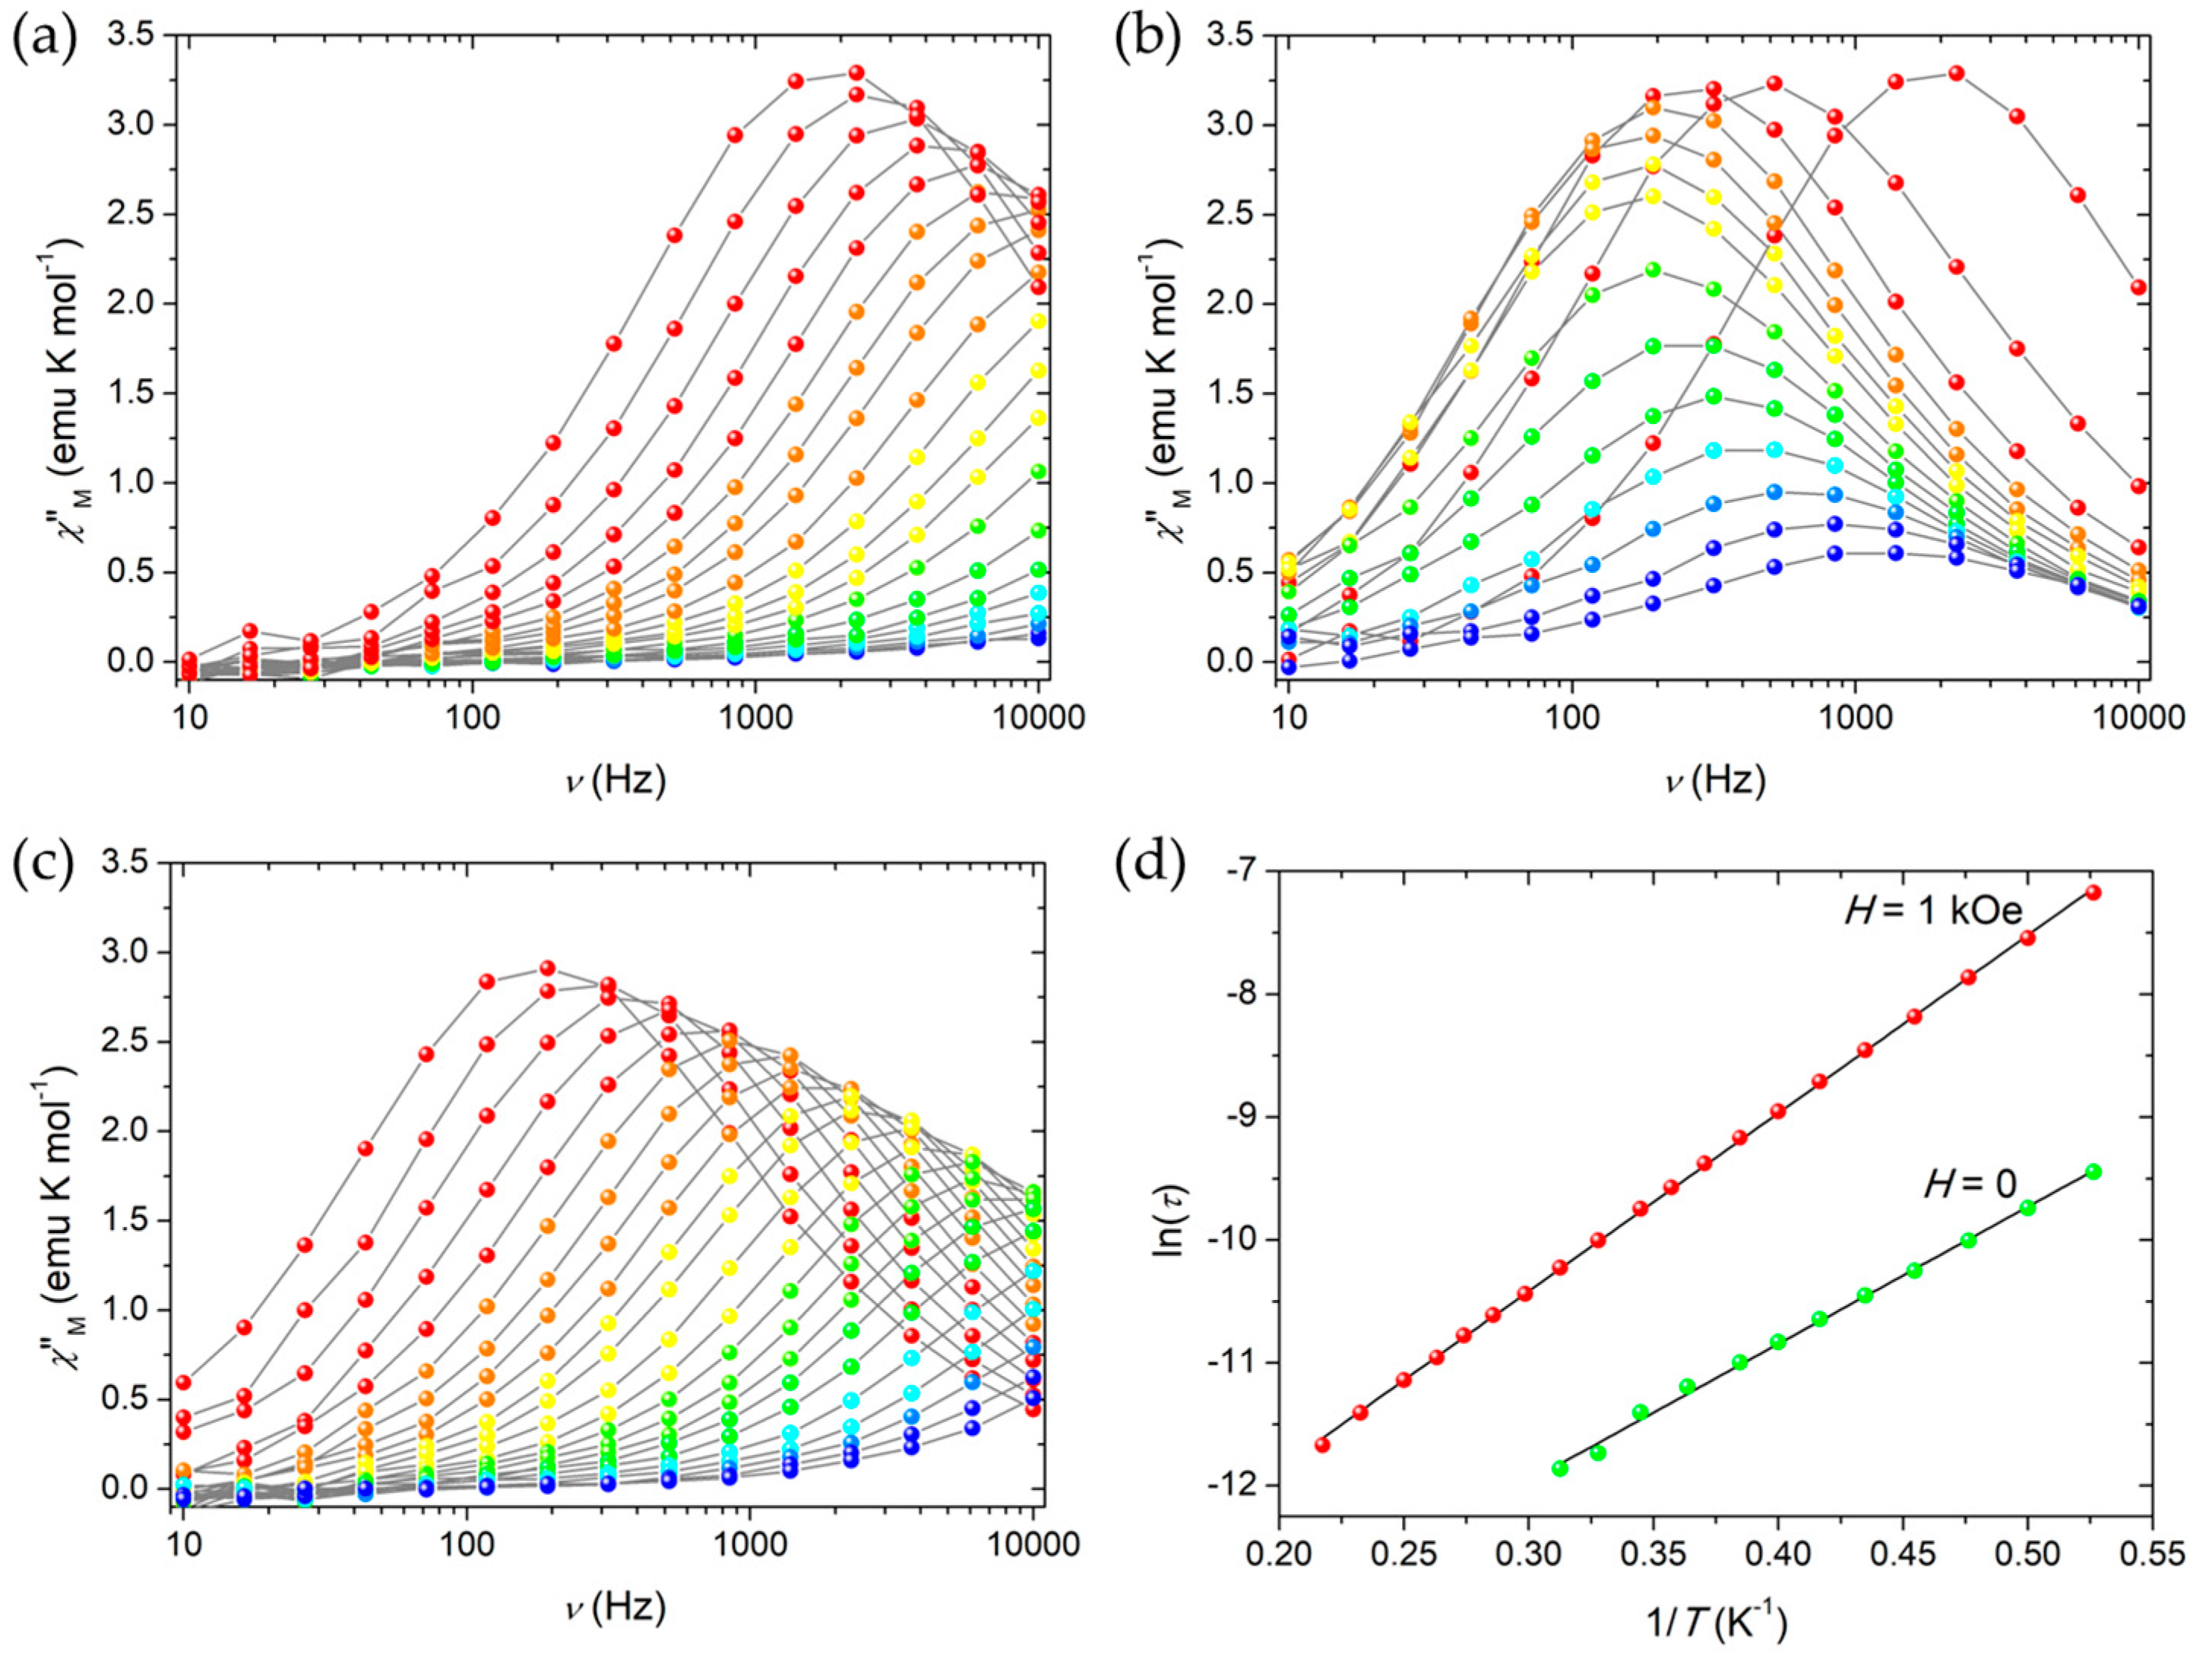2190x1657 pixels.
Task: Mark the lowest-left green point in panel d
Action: [1559, 1468]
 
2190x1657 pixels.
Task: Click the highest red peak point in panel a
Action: [856, 72]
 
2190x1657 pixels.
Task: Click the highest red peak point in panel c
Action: [546, 968]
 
